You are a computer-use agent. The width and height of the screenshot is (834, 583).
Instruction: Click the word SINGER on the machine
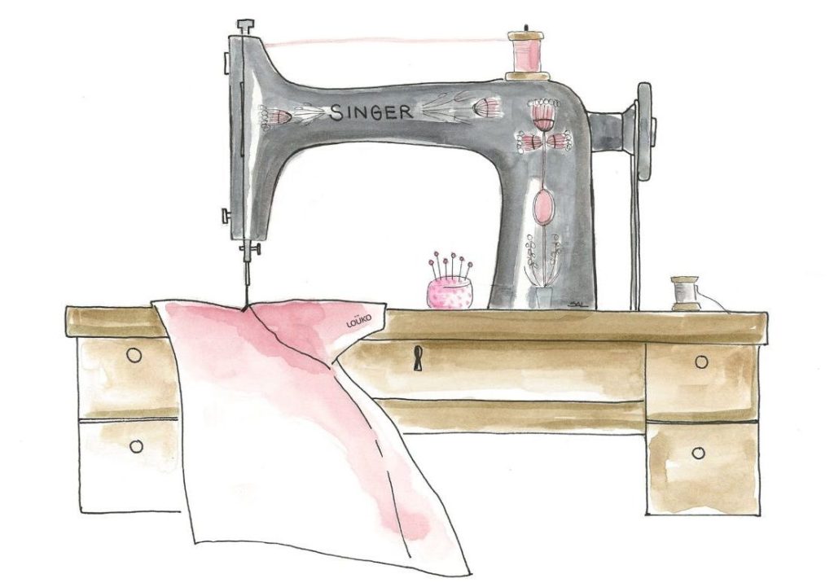tap(371, 112)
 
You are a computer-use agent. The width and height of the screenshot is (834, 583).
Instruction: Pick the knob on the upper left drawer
tap(135, 354)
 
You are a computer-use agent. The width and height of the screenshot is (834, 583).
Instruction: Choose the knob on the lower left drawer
tap(136, 445)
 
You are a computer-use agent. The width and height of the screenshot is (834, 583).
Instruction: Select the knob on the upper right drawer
tap(702, 361)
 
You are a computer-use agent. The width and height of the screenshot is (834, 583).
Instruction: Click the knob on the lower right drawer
tap(697, 453)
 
